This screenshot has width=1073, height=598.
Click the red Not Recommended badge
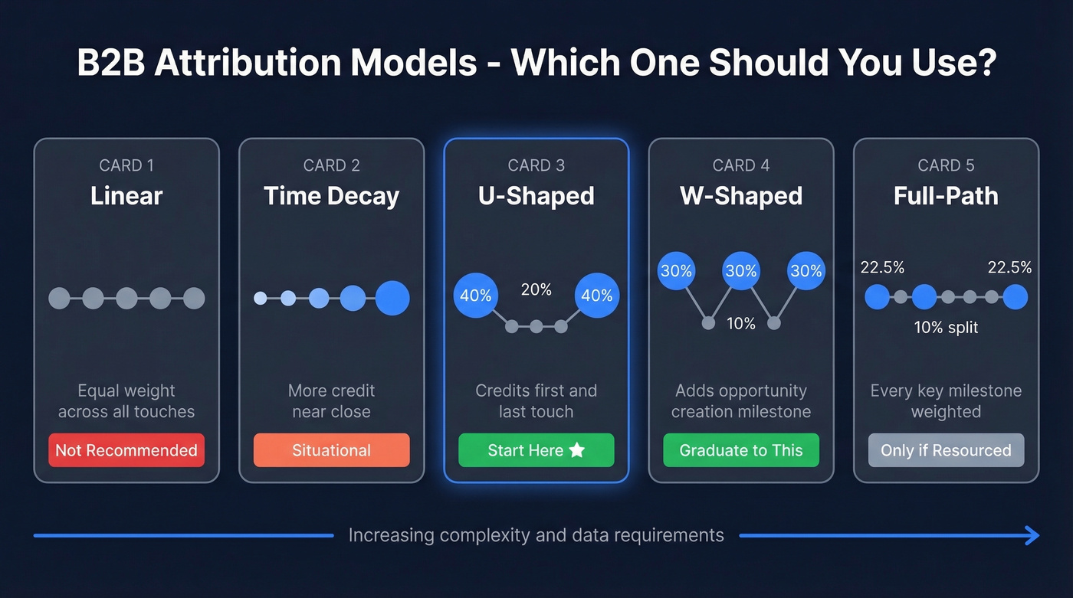pyautogui.click(x=126, y=450)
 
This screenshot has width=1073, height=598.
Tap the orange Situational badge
pyautogui.click(x=331, y=450)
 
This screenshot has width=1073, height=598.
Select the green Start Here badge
pyautogui.click(x=536, y=450)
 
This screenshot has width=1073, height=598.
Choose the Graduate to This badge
pyautogui.click(x=740, y=450)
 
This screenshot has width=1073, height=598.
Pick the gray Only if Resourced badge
pyautogui.click(x=946, y=450)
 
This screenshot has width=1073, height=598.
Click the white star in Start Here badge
pyautogui.click(x=577, y=450)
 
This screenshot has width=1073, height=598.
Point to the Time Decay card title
pyautogui.click(x=331, y=196)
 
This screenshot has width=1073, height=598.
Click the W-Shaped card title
pyautogui.click(x=740, y=196)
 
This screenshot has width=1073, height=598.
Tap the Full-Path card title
pyautogui.click(x=946, y=196)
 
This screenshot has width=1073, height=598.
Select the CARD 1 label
pyautogui.click(x=126, y=165)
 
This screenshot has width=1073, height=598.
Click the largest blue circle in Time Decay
pyautogui.click(x=392, y=298)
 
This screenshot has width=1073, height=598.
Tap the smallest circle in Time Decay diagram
pyautogui.click(x=261, y=298)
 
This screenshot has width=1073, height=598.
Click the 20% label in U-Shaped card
pyautogui.click(x=536, y=289)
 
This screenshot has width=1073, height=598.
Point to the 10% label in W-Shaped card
pyautogui.click(x=740, y=323)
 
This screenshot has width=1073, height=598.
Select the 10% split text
pyautogui.click(x=946, y=328)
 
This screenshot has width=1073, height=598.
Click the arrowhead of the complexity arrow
pyautogui.click(x=1033, y=535)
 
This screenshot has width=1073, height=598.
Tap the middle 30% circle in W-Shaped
pyautogui.click(x=740, y=271)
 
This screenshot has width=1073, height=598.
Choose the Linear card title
pyautogui.click(x=126, y=196)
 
